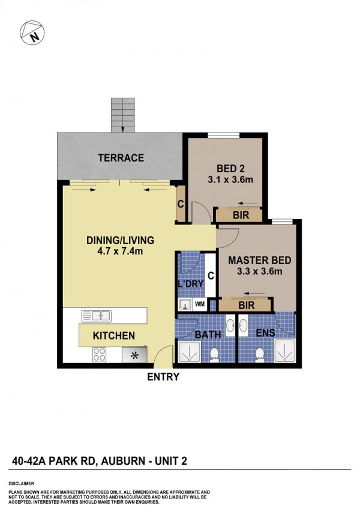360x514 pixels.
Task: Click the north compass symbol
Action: coord(32,33)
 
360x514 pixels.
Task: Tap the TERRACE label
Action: coord(121,158)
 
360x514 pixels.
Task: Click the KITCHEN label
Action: coord(114,336)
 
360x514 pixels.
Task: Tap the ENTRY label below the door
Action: coord(163,377)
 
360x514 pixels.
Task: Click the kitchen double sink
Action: coord(97,316)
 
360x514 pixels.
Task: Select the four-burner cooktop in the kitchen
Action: coord(100,354)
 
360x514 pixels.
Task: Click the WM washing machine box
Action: coord(200,304)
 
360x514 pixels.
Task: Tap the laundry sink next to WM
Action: coord(185,305)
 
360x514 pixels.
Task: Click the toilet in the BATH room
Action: coord(214,355)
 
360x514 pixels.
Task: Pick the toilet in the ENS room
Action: coord(260,355)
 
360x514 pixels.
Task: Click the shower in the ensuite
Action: coord(284,351)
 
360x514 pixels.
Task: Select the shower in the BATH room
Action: coord(189,352)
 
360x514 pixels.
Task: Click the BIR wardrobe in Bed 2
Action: coord(239,215)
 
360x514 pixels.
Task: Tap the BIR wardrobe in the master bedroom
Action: coord(246,305)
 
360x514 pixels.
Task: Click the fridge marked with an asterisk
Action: coord(134,355)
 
